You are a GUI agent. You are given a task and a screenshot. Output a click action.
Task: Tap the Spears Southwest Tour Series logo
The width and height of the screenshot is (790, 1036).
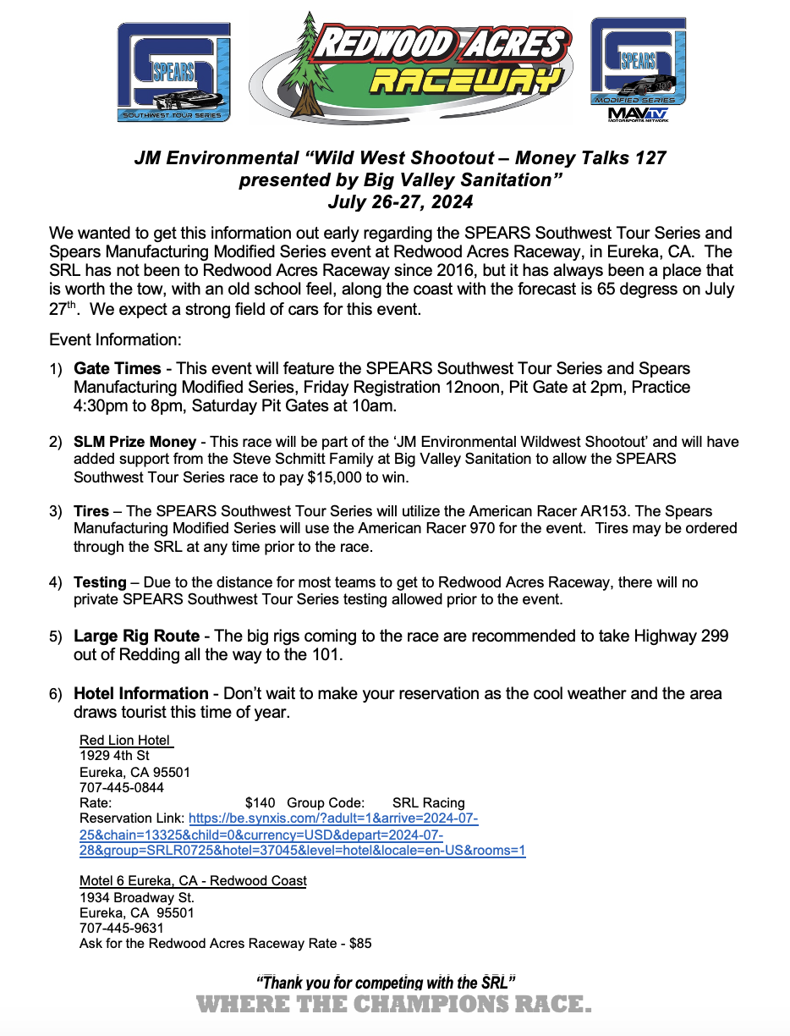point(173,72)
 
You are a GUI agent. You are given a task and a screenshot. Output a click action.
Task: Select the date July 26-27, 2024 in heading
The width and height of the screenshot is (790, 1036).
point(400,202)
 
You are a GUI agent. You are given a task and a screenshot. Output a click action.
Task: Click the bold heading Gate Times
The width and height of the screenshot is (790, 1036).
point(117,369)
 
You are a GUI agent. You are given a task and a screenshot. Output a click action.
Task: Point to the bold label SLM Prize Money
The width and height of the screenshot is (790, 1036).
point(134,443)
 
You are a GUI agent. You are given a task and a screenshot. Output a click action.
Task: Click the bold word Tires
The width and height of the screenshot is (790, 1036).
point(91,511)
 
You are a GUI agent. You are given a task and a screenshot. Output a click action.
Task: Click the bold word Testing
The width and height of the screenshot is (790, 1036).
point(100,582)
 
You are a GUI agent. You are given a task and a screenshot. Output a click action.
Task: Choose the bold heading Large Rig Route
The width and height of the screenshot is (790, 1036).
point(136,636)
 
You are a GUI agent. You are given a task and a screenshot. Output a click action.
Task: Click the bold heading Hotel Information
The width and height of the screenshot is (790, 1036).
point(140,693)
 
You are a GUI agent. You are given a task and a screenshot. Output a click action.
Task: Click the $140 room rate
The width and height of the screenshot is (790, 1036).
point(261,802)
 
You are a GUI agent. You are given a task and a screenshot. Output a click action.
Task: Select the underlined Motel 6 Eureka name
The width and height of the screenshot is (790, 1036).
point(193,881)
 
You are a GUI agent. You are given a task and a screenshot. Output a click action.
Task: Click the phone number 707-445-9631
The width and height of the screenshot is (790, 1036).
point(121,928)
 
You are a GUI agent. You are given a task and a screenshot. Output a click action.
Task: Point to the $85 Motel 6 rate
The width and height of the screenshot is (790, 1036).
point(360,943)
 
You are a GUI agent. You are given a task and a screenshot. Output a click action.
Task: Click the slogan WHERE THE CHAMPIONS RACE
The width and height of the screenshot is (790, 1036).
point(393,1005)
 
